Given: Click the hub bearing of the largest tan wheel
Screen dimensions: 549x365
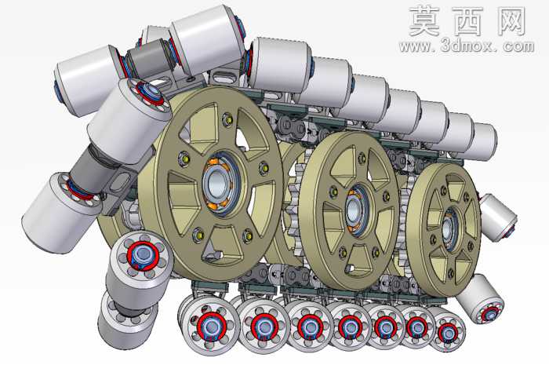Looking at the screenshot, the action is click(x=221, y=183).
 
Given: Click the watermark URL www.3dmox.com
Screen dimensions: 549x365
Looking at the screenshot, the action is click(x=467, y=46).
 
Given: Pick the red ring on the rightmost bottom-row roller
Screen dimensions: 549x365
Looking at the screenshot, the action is click(x=448, y=332).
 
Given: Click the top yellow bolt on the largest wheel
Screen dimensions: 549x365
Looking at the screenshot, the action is click(x=229, y=119).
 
